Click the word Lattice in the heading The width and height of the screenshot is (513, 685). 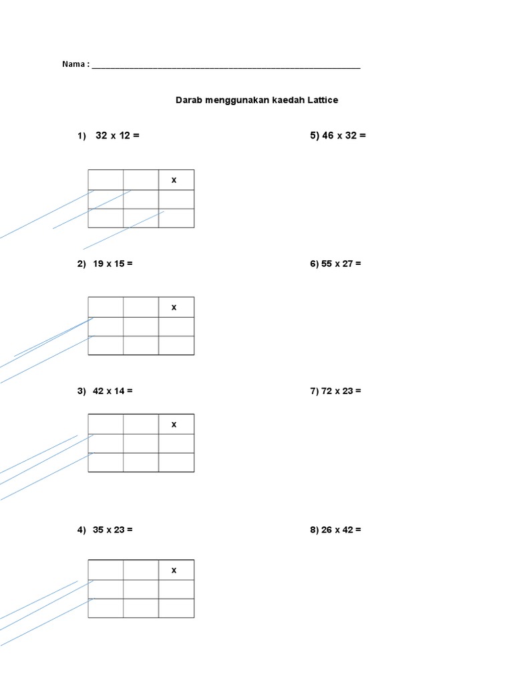click(323, 100)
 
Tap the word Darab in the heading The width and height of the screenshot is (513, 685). click(188, 100)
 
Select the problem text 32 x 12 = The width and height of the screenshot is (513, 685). click(118, 136)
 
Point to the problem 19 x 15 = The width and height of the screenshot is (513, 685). click(113, 264)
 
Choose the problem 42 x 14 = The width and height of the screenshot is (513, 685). click(113, 391)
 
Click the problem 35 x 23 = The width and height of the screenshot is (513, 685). click(113, 530)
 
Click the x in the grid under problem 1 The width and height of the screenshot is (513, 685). click(174, 180)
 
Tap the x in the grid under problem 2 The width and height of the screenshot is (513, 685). click(174, 307)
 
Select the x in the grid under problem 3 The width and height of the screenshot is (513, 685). click(174, 424)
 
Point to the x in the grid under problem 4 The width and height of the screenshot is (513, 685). click(174, 570)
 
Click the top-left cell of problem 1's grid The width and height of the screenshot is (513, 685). click(106, 180)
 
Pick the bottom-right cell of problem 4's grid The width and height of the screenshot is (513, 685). click(176, 608)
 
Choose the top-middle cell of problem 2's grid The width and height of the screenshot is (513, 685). click(141, 307)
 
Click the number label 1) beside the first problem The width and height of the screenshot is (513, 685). click(81, 136)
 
